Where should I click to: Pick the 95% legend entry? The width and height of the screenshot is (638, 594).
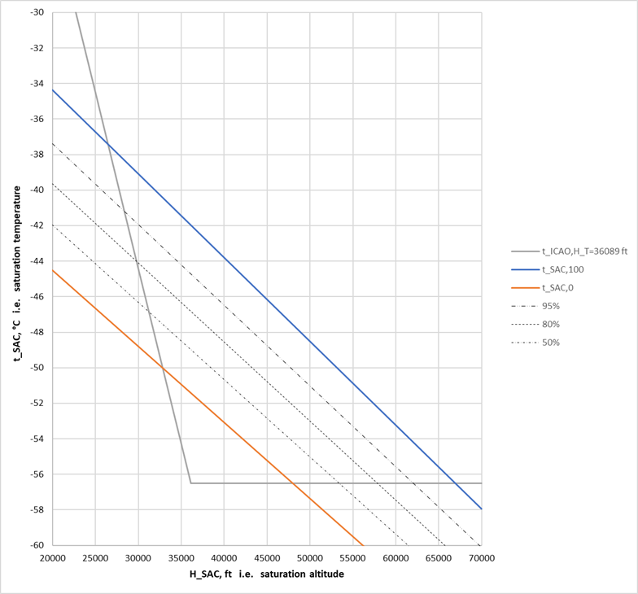click(x=551, y=306)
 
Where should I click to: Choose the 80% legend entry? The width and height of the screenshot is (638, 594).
click(x=551, y=325)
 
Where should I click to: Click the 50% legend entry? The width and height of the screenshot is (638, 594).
click(x=551, y=343)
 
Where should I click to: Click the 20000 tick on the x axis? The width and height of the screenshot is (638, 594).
click(x=52, y=558)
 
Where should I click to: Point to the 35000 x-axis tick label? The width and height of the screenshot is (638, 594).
click(x=181, y=558)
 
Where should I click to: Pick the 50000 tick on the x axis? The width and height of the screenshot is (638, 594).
click(x=310, y=558)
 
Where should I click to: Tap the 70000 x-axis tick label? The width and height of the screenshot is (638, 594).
click(x=481, y=558)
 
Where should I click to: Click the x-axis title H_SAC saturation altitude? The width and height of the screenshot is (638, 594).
click(x=267, y=574)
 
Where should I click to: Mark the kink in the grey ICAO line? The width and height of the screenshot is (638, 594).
click(x=190, y=483)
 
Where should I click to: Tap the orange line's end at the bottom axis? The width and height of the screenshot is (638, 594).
click(x=363, y=544)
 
